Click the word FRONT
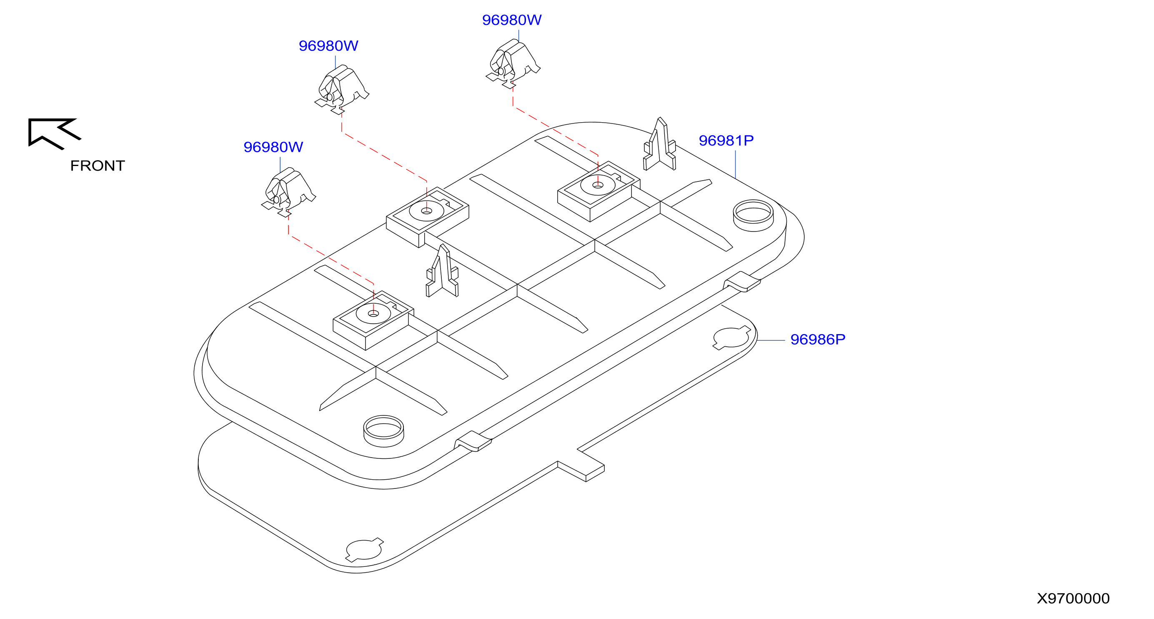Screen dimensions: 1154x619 pyautogui.click(x=97, y=166)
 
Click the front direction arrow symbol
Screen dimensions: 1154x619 pyautogui.click(x=54, y=133)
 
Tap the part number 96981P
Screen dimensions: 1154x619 pyautogui.click(x=726, y=141)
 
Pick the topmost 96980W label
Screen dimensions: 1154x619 pyautogui.click(x=512, y=20)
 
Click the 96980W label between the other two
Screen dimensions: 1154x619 pyautogui.click(x=328, y=46)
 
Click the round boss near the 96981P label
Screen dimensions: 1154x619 pyautogui.click(x=753, y=216)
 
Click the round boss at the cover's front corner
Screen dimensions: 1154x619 pyautogui.click(x=383, y=431)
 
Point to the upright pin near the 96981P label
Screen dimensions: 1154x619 pyautogui.click(x=659, y=144)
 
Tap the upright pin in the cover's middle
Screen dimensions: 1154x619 pyautogui.click(x=442, y=271)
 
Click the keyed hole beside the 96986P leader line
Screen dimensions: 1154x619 pyautogui.click(x=731, y=338)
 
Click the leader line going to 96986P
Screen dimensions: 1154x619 pyautogui.click(x=771, y=341)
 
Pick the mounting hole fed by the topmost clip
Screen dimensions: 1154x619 pyautogui.click(x=598, y=185)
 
